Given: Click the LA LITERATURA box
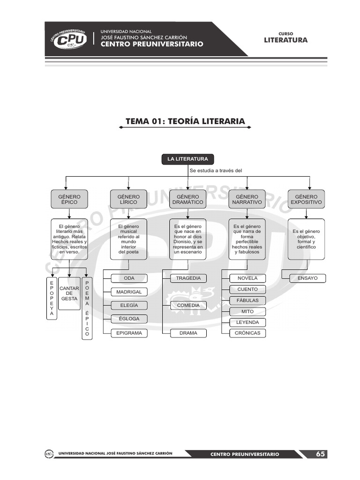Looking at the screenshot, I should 187,159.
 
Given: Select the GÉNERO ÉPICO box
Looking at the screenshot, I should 69,200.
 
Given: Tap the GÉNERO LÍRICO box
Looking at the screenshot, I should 128,200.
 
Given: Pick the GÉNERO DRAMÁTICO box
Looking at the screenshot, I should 187,200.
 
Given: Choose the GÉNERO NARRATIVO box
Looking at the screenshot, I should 247,200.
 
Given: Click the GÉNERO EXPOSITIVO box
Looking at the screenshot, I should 306,200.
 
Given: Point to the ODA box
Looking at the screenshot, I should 129,278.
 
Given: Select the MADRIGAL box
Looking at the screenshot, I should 129,292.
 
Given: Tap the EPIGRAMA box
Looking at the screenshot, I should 129,333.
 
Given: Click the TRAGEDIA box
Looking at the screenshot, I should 188,278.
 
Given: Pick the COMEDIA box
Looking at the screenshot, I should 188,306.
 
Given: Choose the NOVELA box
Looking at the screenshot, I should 247,278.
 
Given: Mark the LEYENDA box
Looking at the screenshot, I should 247,322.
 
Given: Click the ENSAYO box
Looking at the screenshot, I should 307,278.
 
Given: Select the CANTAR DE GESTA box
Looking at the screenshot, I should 69,293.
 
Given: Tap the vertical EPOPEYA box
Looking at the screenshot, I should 52,298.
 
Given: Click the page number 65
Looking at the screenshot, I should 320,454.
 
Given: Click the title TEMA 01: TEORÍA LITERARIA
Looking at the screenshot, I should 185,122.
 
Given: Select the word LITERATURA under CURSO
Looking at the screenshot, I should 285,40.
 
